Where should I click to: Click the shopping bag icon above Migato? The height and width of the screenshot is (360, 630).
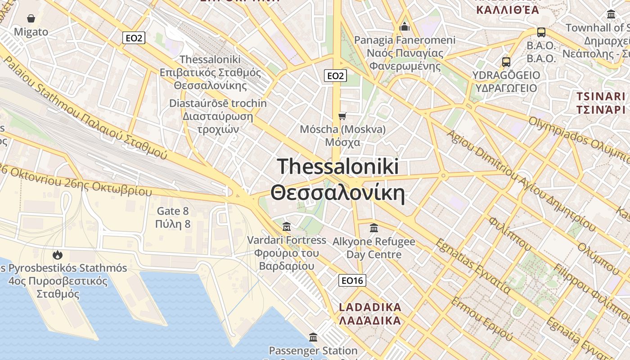tap(31, 18)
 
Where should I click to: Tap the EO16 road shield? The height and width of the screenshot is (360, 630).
tap(352, 281)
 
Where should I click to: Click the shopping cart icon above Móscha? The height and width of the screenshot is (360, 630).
tap(342, 117)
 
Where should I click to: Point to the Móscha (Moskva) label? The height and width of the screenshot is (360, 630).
tap(343, 130)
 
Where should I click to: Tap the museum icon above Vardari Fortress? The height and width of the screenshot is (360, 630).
tap(287, 226)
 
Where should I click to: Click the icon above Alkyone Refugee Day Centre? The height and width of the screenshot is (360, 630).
tap(374, 228)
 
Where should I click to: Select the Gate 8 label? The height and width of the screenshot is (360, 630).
tap(173, 211)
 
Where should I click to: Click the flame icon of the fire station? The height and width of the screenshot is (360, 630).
tap(57, 255)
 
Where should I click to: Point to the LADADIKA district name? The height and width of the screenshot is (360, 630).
tap(370, 307)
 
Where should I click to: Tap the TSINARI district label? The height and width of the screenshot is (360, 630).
tap(601, 96)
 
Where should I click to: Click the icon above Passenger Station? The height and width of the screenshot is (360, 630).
tap(313, 337)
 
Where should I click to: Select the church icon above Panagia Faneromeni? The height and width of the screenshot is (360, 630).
tap(405, 27)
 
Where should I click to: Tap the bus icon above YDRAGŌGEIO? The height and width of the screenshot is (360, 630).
tap(506, 62)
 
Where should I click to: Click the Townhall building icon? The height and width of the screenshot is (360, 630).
tap(611, 14)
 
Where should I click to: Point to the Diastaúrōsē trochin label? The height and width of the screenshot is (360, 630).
tap(218, 103)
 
